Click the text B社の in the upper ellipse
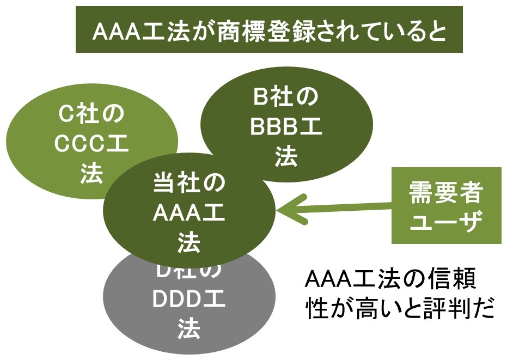[286, 98]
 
